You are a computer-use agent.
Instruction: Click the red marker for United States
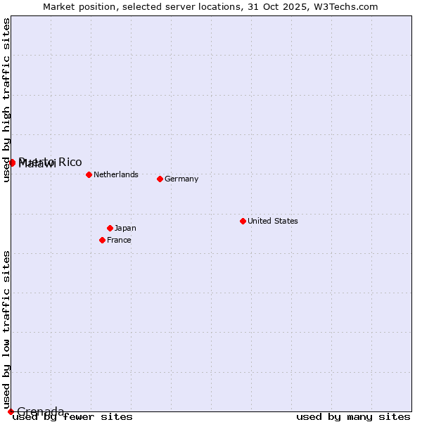click(243, 221)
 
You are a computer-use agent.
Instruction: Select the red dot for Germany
click(160, 179)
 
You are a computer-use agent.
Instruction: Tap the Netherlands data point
click(89, 174)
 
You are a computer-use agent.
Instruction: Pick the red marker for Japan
click(110, 228)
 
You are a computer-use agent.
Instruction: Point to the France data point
click(102, 240)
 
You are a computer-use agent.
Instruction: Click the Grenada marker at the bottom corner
click(11, 411)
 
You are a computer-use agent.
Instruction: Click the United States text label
click(273, 221)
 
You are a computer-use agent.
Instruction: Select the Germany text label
click(181, 179)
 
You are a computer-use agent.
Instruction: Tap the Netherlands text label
click(116, 174)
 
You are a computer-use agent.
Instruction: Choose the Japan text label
click(125, 228)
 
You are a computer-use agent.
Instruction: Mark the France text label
click(119, 240)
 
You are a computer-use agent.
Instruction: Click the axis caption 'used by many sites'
click(353, 417)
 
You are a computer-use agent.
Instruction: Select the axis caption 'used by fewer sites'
click(72, 417)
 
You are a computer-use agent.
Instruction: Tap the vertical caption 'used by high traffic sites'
click(7, 100)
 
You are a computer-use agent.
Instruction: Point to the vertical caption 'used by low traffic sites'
click(7, 329)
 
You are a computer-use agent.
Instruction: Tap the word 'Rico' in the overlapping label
click(70, 162)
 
